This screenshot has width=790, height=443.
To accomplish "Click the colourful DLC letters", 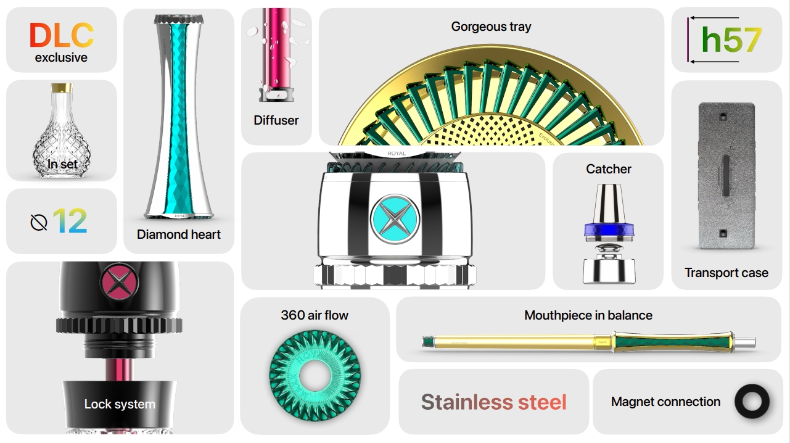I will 61,35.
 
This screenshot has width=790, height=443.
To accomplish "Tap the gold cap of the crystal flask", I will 61,88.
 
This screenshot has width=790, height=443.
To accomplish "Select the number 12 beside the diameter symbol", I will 70,221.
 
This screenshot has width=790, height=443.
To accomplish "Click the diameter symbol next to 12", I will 39,221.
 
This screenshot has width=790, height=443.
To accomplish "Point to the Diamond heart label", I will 179,234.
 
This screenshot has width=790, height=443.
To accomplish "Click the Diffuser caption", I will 276,120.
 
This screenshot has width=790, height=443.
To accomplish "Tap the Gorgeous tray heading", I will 491,27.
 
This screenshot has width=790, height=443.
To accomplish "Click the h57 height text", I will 731,40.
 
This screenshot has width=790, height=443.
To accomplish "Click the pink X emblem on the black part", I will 119,281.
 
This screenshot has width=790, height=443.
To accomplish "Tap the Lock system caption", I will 120,404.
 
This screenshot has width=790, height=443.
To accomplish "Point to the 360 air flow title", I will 315,315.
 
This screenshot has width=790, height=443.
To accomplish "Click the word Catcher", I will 609,169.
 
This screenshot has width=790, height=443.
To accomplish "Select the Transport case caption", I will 726,273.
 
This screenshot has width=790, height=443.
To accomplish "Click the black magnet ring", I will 752,402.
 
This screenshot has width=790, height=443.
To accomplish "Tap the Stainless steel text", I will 493,402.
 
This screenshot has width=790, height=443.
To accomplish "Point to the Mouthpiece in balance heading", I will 588,315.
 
